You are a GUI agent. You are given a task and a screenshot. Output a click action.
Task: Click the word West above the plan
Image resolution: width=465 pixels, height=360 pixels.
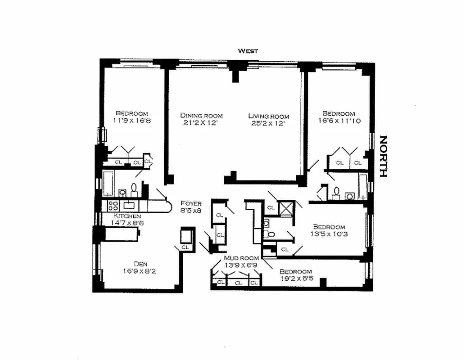(x=248, y=51)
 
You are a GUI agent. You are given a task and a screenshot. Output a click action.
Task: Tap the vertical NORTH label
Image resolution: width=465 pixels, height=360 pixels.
(x=383, y=156)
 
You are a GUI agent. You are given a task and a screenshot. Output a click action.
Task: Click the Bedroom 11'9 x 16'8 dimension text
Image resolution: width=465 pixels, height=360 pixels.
(x=131, y=121)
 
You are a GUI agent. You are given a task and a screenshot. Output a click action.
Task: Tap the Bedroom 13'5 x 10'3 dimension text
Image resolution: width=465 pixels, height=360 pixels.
(x=329, y=234)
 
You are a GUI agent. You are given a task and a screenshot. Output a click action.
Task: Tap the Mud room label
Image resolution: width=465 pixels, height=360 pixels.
(x=242, y=258)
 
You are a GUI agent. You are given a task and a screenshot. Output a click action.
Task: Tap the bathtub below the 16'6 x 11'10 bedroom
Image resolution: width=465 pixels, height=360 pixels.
(x=363, y=186)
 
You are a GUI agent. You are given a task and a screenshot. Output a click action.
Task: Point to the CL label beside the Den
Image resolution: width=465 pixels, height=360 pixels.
(x=185, y=247)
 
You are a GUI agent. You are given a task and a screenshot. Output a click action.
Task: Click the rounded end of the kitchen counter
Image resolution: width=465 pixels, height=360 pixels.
(x=167, y=206)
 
